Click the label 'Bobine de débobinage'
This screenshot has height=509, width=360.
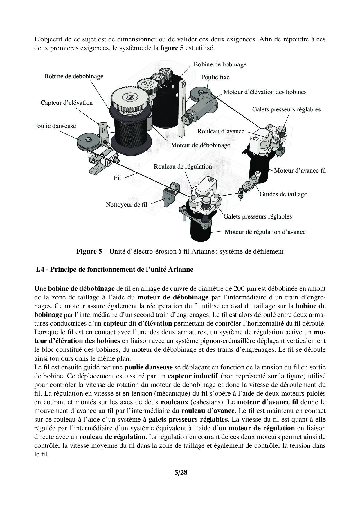tap(73, 76)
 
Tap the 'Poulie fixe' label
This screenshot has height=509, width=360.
tap(215, 77)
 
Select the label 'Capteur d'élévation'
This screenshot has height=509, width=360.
tap(66, 103)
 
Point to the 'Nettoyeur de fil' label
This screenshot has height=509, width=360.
tap(126, 204)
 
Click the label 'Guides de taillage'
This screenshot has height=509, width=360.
tap(283, 194)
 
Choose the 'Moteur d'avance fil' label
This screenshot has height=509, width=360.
tap(300, 171)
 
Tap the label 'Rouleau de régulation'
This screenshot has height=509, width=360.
tap(183, 167)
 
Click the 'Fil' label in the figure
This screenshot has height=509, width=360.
tap(117, 178)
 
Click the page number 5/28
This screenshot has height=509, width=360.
tap(181, 472)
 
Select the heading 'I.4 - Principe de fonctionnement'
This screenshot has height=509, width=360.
tap(114, 269)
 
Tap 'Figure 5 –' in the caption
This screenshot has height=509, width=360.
tap(92, 251)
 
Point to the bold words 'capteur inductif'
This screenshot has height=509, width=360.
tap(192, 376)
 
